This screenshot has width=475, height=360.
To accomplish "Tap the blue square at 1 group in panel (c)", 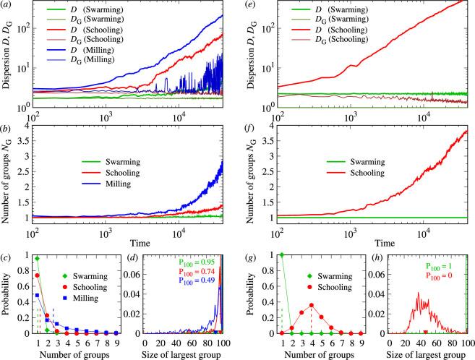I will pos(38,295).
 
